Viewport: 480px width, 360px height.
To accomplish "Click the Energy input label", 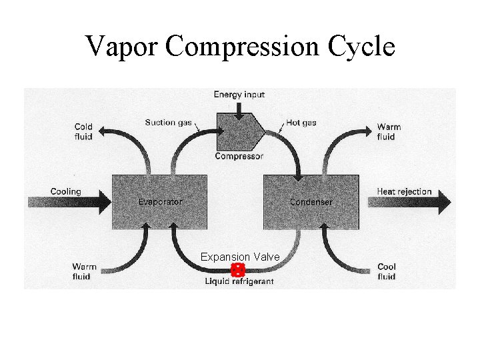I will [x=239, y=95].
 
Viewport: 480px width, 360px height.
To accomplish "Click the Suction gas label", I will [x=169, y=122].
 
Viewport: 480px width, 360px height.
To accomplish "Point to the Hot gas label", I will [x=302, y=123].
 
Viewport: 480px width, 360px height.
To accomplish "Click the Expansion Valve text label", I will [x=240, y=257].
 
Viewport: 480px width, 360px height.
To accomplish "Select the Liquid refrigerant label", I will [x=239, y=282].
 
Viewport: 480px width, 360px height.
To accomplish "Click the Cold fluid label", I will [x=83, y=131].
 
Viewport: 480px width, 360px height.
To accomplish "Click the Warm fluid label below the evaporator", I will [x=84, y=271].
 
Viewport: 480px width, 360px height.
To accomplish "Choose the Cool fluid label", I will [x=387, y=271].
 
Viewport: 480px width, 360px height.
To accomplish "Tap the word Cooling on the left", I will [x=65, y=191].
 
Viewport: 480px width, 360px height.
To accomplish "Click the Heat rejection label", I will [x=404, y=191].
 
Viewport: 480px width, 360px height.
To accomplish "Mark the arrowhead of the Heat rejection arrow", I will [x=443, y=203].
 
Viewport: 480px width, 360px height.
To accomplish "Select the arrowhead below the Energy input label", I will [x=239, y=119].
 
